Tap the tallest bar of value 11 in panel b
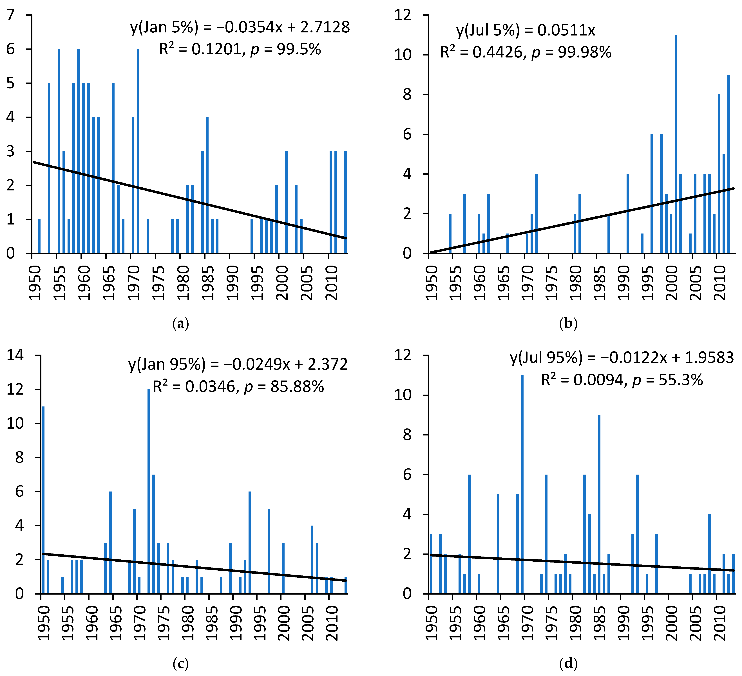point(676,144)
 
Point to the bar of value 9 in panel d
point(599,504)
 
